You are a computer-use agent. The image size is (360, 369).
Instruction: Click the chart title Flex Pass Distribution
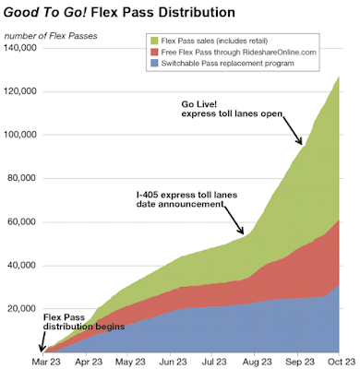coord(163,12)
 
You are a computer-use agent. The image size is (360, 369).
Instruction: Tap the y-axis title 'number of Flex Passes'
coord(51,36)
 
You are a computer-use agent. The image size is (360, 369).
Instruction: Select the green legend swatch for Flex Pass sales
coord(155,41)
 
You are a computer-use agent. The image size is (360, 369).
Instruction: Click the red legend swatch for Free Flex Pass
coord(155,52)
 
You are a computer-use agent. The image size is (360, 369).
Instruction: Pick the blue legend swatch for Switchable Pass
coord(155,64)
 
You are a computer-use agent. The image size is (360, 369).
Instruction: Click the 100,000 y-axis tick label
coord(19,135)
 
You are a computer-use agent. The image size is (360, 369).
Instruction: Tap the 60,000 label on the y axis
coord(21,221)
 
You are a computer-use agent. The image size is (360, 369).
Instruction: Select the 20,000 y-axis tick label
coord(21,308)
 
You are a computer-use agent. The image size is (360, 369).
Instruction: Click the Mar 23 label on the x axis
coord(46,362)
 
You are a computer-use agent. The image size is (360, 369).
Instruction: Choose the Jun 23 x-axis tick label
coord(172,362)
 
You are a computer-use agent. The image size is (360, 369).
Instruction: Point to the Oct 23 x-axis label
coord(341,362)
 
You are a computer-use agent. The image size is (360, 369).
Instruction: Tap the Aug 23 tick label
coord(258,362)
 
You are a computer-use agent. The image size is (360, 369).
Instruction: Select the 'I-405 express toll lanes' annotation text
coord(187,195)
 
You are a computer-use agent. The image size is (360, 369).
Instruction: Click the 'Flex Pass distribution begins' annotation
coord(84,322)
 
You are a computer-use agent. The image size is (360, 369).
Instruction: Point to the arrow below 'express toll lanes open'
coord(293,131)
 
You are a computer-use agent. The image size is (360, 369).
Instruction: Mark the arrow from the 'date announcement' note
coord(234,220)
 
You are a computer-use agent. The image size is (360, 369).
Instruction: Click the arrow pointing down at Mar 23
coord(42,341)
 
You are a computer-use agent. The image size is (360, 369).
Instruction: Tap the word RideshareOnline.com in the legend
coord(279,52)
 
